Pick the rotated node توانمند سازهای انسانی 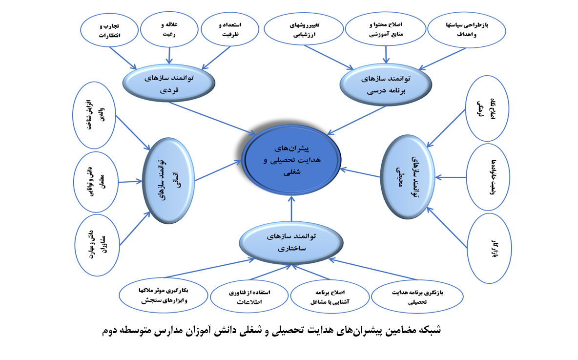pos(168,179)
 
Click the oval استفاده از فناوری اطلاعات pos(250,297)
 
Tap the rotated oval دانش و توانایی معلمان pos(96,183)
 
